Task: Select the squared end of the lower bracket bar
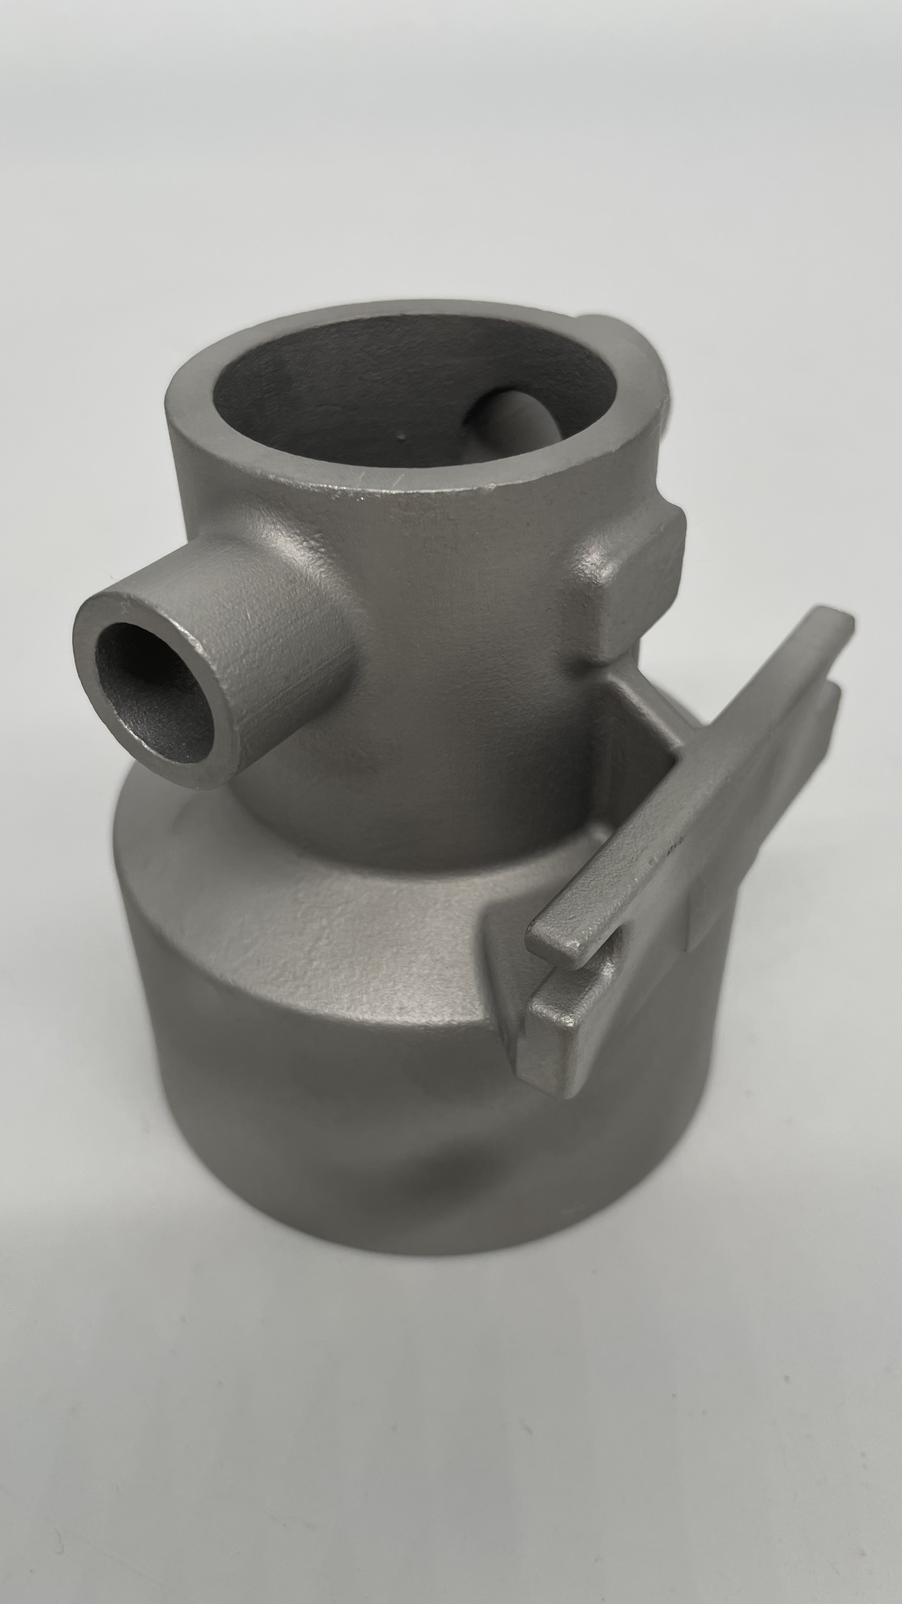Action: pyautogui.click(x=554, y=1052)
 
